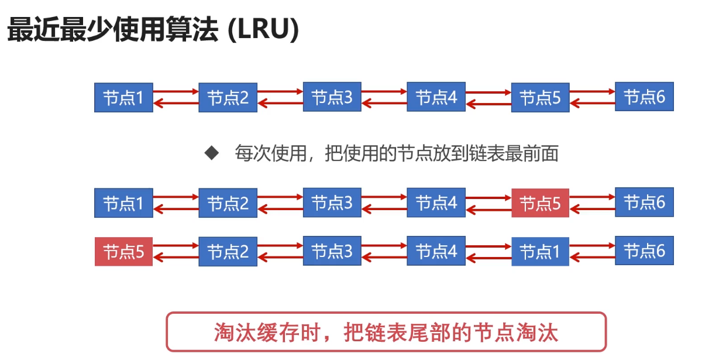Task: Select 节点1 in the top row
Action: (123, 97)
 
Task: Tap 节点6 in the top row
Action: (644, 97)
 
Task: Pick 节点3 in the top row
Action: (332, 97)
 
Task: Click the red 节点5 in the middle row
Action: (540, 203)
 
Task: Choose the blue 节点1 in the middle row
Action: (123, 203)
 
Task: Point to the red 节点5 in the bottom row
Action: (123, 252)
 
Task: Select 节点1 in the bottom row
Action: (540, 252)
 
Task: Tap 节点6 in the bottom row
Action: (644, 251)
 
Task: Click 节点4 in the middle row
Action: (436, 203)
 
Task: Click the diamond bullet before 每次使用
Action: (211, 153)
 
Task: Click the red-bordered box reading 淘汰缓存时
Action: (386, 332)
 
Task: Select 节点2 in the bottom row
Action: (228, 252)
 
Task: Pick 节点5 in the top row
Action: (540, 97)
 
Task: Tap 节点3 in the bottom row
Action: (332, 252)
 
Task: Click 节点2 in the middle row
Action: (228, 203)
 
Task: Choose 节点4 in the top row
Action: (436, 97)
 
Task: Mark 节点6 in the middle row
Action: (644, 203)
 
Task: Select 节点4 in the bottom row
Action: (436, 252)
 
